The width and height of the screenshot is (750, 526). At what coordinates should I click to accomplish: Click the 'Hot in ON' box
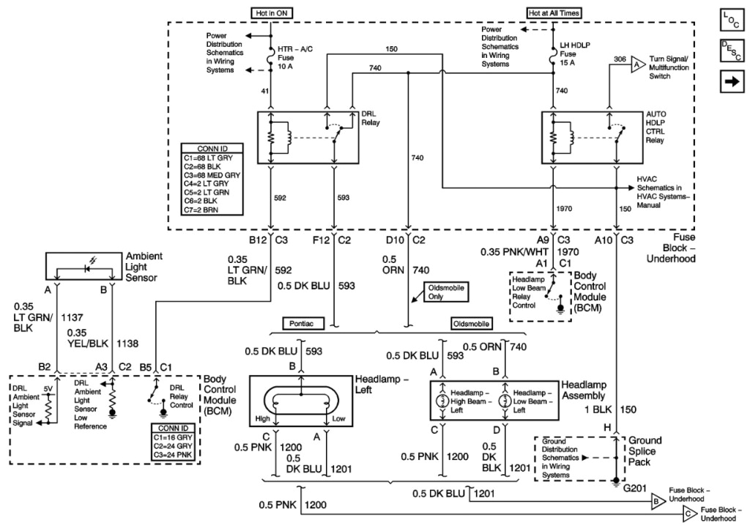click(270, 12)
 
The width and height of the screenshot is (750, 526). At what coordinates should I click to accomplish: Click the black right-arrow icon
click(729, 82)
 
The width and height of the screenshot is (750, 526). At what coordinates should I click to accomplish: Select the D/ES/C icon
click(729, 51)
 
